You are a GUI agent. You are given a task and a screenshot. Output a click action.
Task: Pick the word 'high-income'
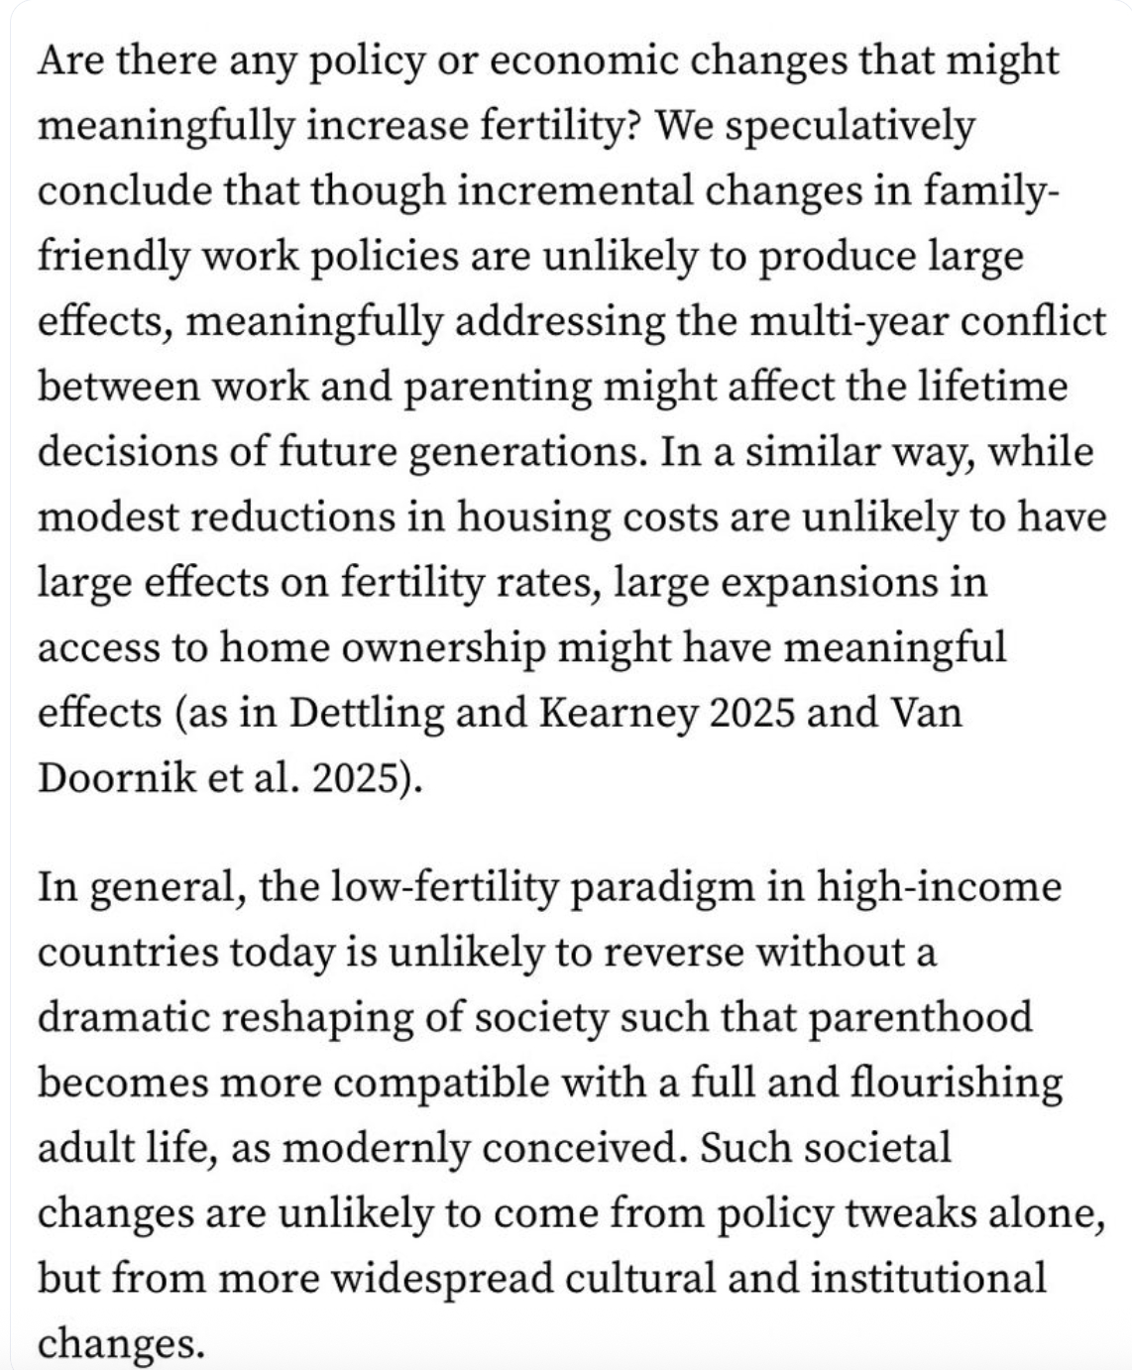pos(938,886)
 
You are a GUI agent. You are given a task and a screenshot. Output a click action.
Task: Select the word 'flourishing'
pos(957,1083)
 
